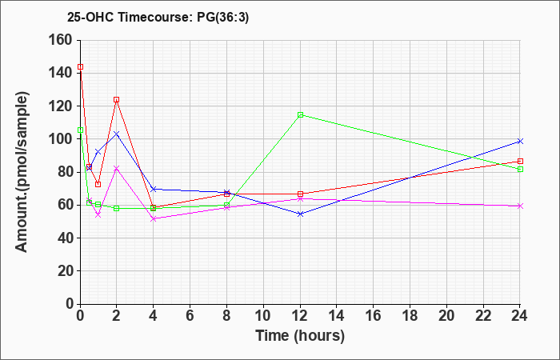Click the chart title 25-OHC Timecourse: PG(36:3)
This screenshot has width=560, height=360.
tap(158, 18)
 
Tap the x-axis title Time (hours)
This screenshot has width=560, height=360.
tap(300, 336)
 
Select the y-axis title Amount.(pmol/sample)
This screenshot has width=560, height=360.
tap(22, 172)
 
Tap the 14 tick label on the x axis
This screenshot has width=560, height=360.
tap(337, 316)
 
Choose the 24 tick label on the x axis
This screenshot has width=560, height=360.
tap(519, 316)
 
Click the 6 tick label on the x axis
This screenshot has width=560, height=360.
tap(190, 316)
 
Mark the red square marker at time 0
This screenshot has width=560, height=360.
tap(80, 66)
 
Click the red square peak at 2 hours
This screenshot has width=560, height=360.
tap(117, 100)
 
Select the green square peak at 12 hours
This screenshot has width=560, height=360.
tap(300, 114)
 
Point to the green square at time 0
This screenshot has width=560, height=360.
tap(80, 130)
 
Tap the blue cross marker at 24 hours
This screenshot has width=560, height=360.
tap(520, 141)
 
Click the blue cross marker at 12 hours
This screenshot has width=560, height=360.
tap(300, 214)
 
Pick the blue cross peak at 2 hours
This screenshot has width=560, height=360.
tap(117, 134)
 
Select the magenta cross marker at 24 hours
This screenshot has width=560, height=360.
tap(520, 206)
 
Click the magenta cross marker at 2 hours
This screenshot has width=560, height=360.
tap(117, 168)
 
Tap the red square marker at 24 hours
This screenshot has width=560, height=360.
tap(520, 162)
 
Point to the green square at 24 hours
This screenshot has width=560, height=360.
tap(520, 170)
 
